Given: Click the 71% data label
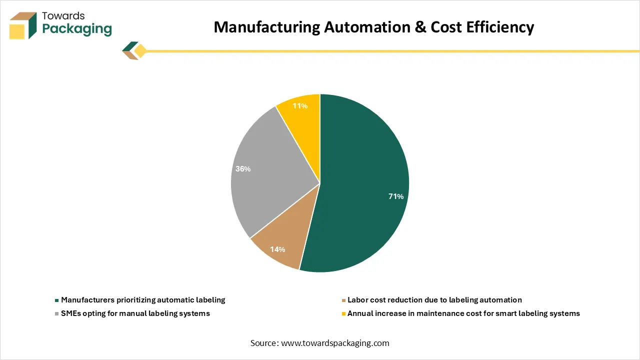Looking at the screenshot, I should tap(396, 196).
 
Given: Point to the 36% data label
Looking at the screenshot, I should tap(243, 169).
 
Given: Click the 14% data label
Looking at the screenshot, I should tap(277, 249).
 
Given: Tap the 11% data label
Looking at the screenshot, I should tap(300, 106).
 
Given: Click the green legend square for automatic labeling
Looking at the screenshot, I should tap(57, 300).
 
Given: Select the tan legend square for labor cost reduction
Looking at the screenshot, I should tap(343, 300).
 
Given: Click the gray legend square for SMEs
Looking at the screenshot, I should tap(57, 314).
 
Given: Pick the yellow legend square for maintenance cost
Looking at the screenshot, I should tap(343, 314).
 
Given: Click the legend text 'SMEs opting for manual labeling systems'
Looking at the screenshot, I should tap(135, 313).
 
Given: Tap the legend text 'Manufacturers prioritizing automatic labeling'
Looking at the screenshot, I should tap(143, 300).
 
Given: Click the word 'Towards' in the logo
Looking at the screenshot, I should tap(63, 15).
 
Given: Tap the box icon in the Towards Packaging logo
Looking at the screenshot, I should tap(23, 25).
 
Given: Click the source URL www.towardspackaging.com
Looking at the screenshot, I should tap(335, 343).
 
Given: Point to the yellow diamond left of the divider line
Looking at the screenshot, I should tap(140, 51).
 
